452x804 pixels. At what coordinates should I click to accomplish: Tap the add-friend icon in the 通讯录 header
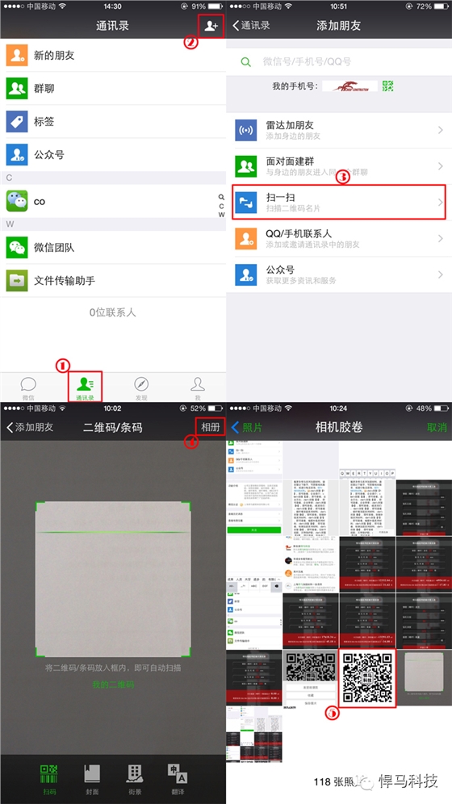(x=211, y=26)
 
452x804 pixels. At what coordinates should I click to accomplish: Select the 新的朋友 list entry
(x=113, y=56)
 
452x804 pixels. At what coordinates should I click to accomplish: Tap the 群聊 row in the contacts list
(x=113, y=88)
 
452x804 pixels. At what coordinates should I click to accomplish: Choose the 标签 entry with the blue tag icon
(x=113, y=121)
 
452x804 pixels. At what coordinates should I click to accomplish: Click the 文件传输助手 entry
(x=113, y=280)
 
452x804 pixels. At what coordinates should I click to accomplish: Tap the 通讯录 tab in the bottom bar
(x=85, y=387)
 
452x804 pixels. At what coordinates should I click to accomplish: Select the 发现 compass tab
(x=141, y=387)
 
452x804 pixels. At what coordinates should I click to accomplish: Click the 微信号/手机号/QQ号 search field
(x=339, y=62)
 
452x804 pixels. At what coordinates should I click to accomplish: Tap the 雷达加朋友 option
(x=339, y=131)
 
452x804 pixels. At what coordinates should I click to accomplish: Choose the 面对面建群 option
(x=339, y=166)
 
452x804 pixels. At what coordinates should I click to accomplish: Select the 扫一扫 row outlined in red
(x=339, y=203)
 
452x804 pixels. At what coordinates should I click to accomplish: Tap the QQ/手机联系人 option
(x=339, y=238)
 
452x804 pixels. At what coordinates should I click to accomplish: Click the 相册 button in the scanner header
(x=210, y=427)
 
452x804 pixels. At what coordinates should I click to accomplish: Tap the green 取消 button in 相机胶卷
(x=437, y=427)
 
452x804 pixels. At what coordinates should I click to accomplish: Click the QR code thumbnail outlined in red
(x=367, y=677)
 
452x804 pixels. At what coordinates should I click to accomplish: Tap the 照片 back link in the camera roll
(x=247, y=427)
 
